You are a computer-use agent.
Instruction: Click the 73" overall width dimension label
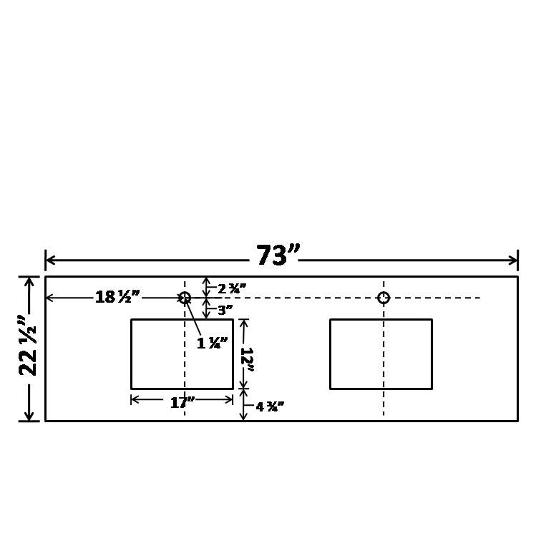click(x=278, y=255)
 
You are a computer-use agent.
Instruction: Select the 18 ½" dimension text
click(x=117, y=297)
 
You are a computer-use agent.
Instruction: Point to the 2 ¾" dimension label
click(x=232, y=288)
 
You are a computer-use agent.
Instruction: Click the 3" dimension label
click(x=225, y=311)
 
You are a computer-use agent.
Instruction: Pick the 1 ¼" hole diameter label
click(x=213, y=343)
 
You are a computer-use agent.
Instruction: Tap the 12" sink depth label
click(x=247, y=355)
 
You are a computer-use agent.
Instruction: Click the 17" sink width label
click(x=182, y=403)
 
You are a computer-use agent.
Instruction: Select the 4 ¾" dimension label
click(x=270, y=407)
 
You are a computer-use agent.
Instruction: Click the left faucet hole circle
click(x=185, y=297)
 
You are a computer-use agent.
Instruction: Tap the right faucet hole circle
click(x=384, y=298)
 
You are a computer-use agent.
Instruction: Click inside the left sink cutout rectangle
click(x=157, y=354)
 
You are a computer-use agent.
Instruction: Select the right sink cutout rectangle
click(x=381, y=354)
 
